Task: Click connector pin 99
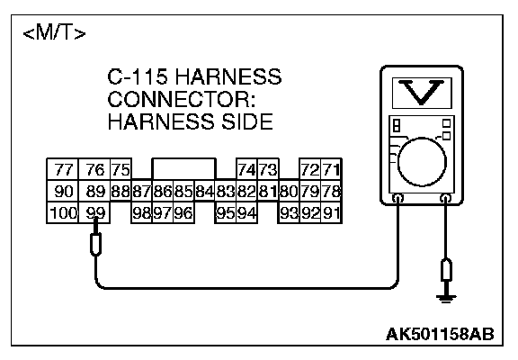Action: click(x=94, y=213)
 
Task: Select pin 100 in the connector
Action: click(x=63, y=213)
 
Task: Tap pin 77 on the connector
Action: click(x=63, y=169)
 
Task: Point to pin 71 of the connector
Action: click(x=331, y=169)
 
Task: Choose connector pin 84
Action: click(x=204, y=192)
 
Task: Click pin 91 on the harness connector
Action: click(x=331, y=213)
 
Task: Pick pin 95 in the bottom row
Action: click(x=226, y=213)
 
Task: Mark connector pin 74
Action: click(x=246, y=169)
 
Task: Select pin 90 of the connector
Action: click(x=63, y=192)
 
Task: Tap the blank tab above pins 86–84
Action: click(x=183, y=169)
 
